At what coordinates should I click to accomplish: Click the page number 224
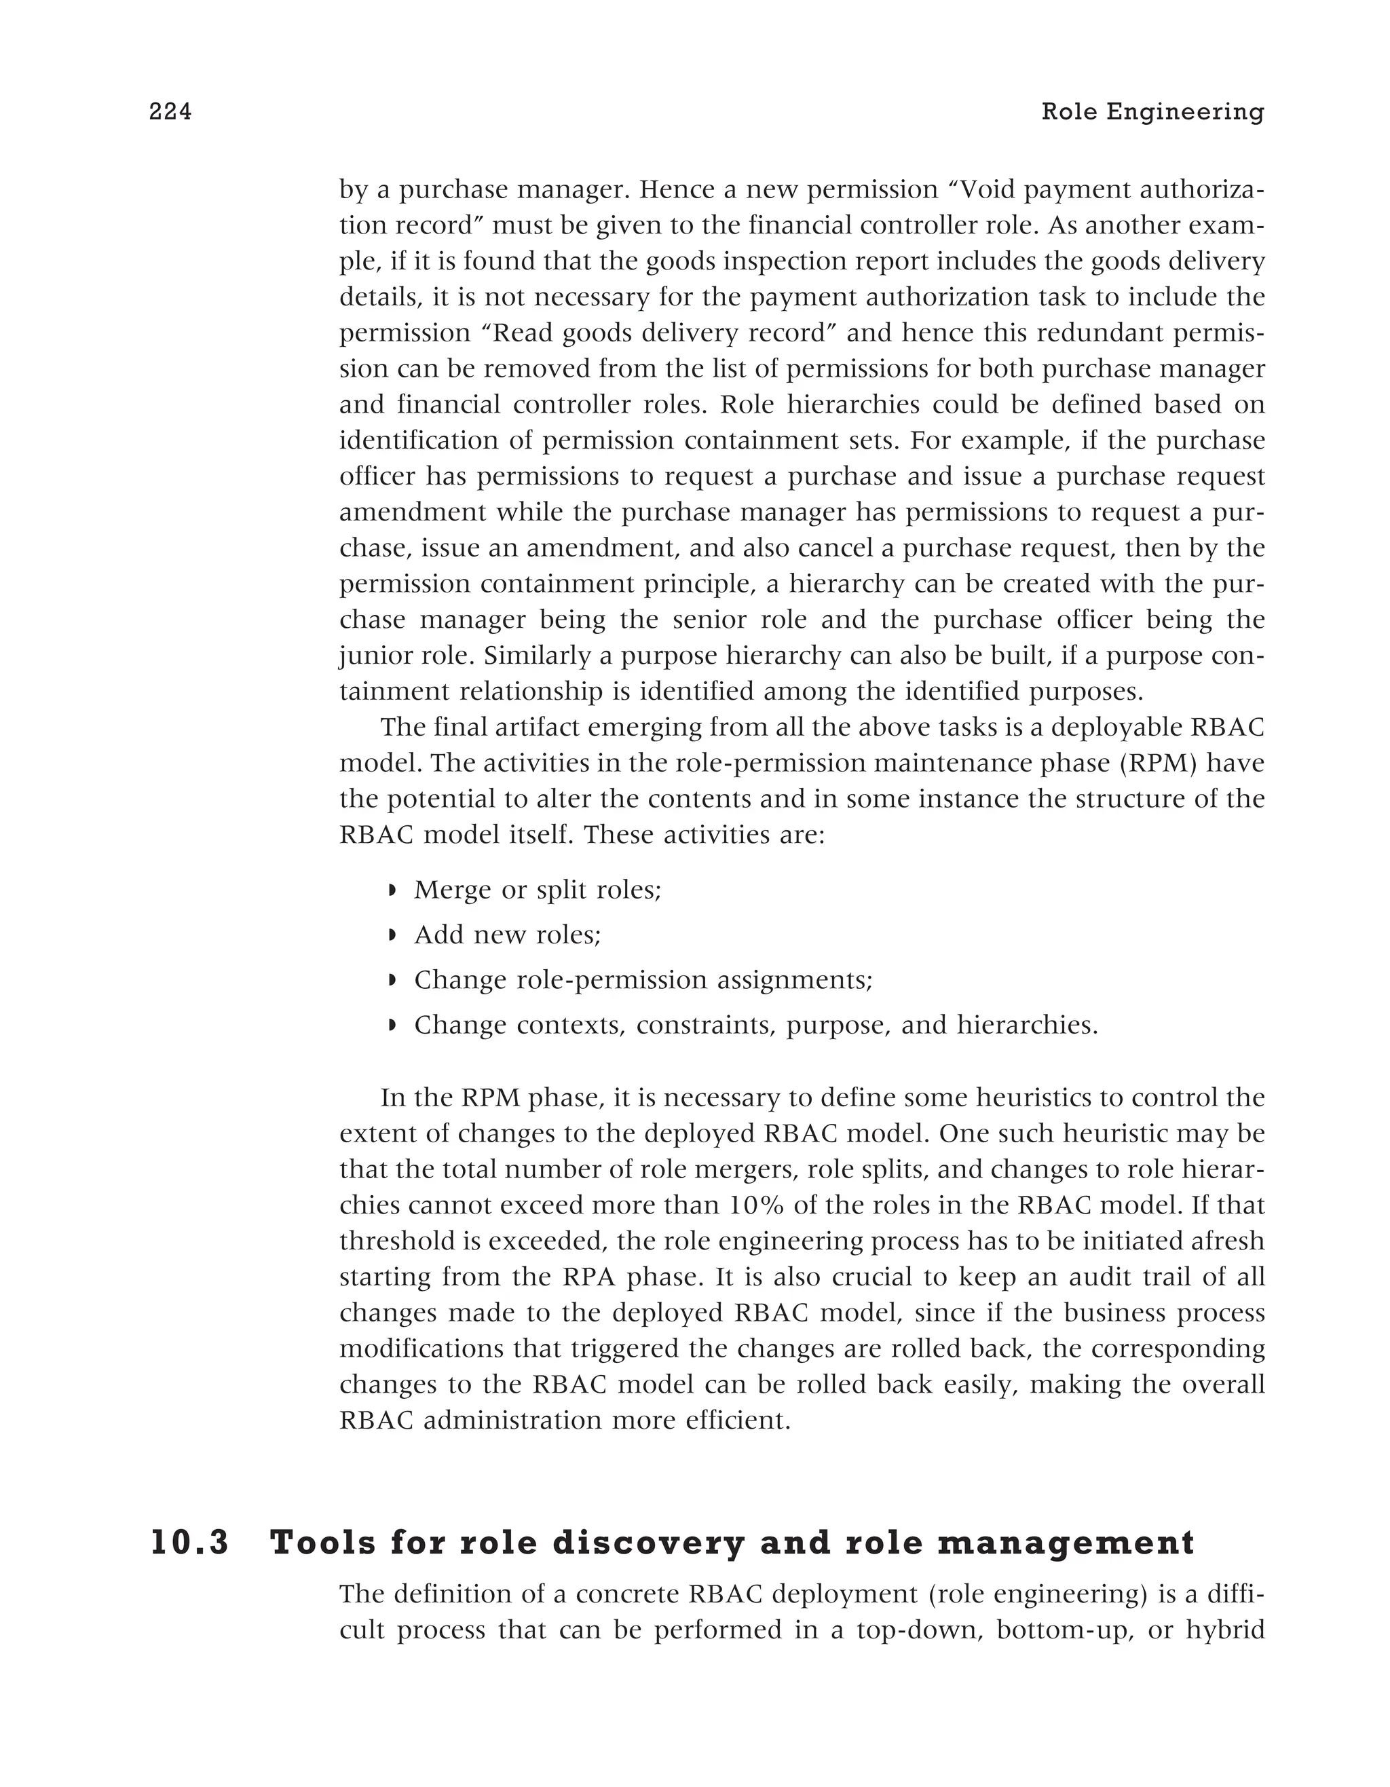170,112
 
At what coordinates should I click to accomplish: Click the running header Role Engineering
1152,112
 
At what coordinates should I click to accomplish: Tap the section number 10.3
190,1543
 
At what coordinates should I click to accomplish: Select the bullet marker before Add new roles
392,935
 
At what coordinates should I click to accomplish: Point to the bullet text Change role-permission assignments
643,979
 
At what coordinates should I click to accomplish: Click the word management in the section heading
1065,1543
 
